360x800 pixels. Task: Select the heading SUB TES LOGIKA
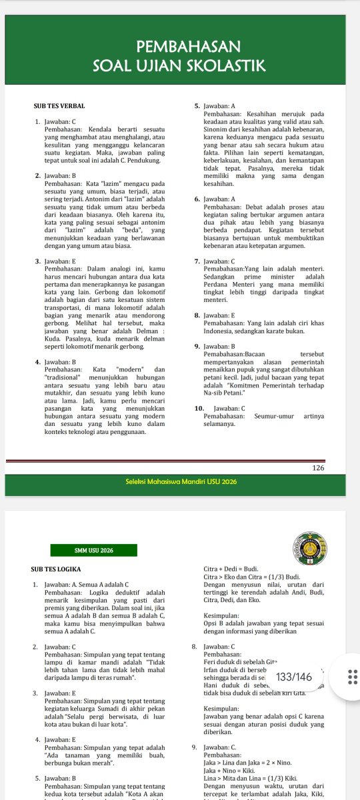57,569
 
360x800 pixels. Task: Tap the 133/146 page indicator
293,658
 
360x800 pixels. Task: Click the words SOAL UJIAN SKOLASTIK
179,65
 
